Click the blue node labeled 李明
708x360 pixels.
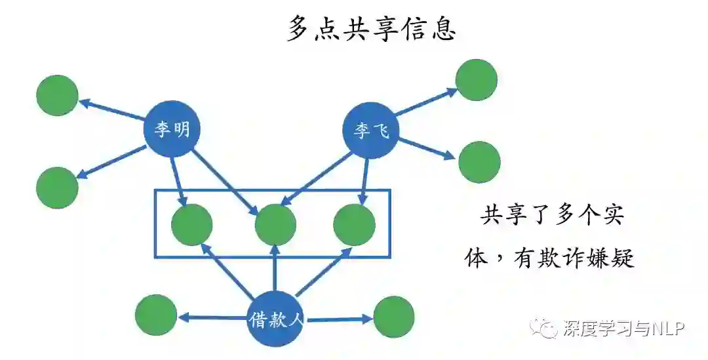[172, 129]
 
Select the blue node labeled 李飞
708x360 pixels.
[371, 131]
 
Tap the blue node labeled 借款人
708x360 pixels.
[275, 319]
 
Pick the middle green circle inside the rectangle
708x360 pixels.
[275, 225]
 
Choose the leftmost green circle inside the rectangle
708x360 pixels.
[191, 225]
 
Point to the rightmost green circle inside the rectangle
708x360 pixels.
[354, 225]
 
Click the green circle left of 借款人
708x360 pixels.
[156, 315]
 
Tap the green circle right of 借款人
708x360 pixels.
[393, 317]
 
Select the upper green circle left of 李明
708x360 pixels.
[57, 96]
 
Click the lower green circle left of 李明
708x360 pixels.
[57, 188]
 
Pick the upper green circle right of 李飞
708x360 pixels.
[477, 80]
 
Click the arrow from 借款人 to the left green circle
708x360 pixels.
[213, 318]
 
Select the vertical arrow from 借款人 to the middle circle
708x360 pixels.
[275, 269]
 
